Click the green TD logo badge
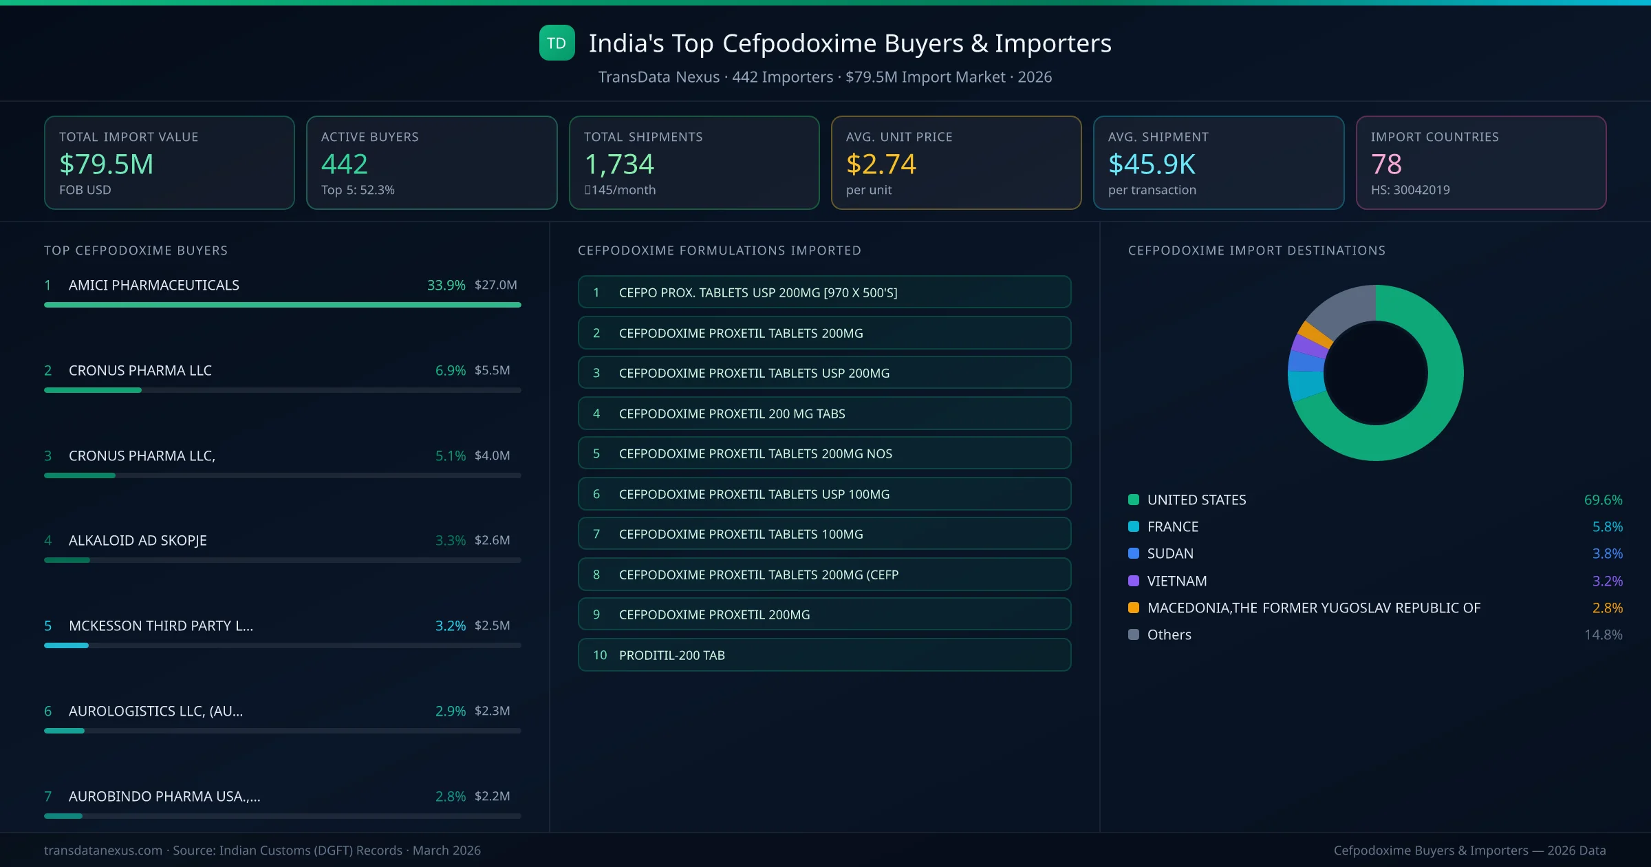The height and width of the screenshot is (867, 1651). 557,43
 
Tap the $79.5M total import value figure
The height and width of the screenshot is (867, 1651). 107,164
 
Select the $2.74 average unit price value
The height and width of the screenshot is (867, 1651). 881,164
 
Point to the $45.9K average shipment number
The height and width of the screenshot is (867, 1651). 1152,164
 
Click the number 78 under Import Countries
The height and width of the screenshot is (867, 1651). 1386,164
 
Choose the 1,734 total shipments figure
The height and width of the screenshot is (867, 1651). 619,164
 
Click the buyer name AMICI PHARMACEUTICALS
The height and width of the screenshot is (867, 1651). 154,285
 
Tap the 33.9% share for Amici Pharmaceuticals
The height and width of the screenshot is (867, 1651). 446,285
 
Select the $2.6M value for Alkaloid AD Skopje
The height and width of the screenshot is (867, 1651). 492,540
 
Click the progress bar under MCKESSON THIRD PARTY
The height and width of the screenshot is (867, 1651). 282,645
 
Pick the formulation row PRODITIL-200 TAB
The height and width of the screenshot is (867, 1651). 824,655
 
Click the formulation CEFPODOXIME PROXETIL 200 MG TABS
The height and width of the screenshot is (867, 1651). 824,414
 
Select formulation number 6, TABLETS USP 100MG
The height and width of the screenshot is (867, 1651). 824,494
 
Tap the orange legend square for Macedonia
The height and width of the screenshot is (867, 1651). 1134,608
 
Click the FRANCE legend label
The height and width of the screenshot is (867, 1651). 1173,526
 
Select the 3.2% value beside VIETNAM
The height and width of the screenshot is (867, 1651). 1607,581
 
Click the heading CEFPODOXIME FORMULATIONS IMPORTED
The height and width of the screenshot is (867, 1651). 720,250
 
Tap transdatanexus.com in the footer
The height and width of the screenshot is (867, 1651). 103,850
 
